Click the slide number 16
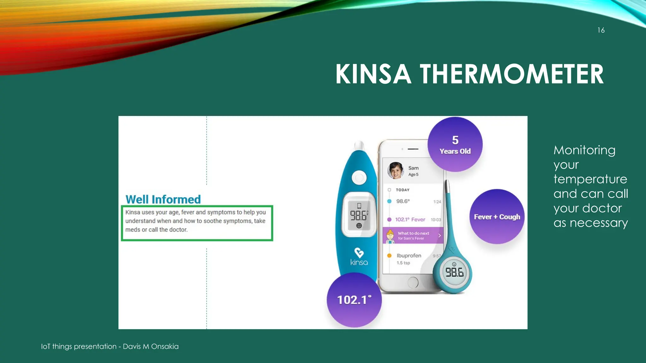pos(601,30)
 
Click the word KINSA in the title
pos(373,74)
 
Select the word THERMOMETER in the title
pos(511,74)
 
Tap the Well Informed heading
pos(163,199)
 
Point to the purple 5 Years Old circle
pos(455,144)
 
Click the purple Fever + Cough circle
pos(497,217)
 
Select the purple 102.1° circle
pos(354,300)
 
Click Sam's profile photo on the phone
pos(395,170)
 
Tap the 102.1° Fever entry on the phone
pos(410,220)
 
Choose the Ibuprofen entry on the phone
pos(409,256)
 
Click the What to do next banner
pos(413,235)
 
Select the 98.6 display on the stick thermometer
pos(454,272)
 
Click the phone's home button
pos(413,282)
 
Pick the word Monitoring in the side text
pos(584,150)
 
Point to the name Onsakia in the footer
pos(165,346)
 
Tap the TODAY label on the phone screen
pos(402,190)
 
